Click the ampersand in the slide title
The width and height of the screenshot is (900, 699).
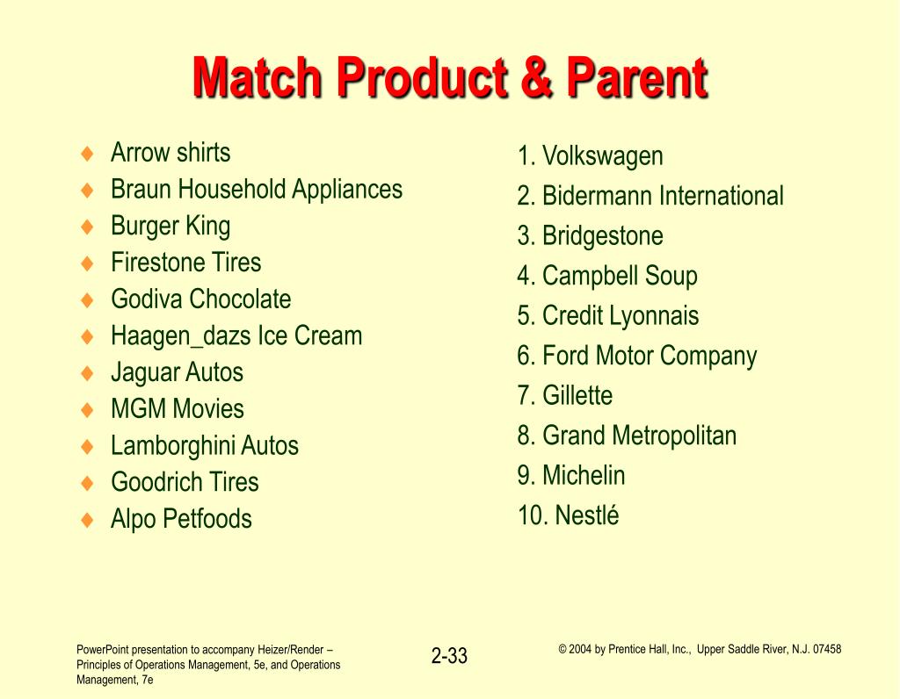pyautogui.click(x=537, y=77)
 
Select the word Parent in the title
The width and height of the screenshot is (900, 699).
pyautogui.click(x=637, y=77)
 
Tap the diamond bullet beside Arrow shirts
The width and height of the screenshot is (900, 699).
pyautogui.click(x=87, y=154)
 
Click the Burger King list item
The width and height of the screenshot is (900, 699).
pyautogui.click(x=171, y=227)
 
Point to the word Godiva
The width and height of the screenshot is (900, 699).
pyautogui.click(x=147, y=299)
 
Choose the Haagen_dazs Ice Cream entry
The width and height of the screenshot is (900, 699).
pyautogui.click(x=236, y=336)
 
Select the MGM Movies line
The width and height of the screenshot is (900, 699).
pyautogui.click(x=178, y=409)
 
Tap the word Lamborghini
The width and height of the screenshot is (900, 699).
pyautogui.click(x=172, y=446)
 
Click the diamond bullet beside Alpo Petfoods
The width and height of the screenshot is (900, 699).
pyautogui.click(x=87, y=520)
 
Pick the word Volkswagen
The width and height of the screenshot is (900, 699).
pyautogui.click(x=603, y=156)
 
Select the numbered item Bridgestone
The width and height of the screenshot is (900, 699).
pyautogui.click(x=590, y=236)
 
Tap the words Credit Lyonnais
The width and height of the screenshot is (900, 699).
pyautogui.click(x=621, y=316)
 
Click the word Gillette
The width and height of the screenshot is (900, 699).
pyautogui.click(x=577, y=396)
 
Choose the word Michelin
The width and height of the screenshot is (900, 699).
pyautogui.click(x=584, y=475)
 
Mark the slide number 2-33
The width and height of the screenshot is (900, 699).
pyautogui.click(x=449, y=655)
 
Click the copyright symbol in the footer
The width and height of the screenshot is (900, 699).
pyautogui.click(x=562, y=650)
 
